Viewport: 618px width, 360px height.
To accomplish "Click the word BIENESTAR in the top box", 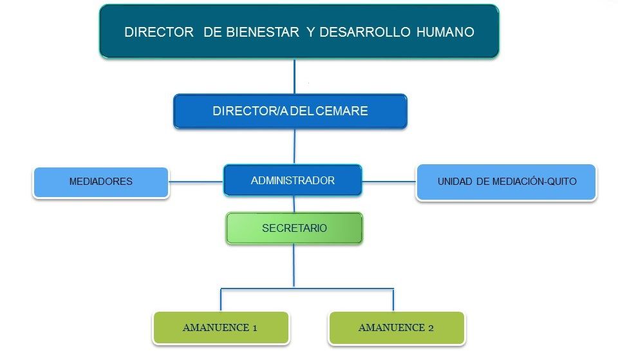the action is (263, 32).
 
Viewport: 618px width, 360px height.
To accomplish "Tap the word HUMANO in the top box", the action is (445, 32).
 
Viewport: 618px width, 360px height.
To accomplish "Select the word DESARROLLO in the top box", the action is (365, 32).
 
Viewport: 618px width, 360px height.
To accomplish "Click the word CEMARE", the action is (342, 111).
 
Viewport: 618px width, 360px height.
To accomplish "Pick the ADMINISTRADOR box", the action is (292, 180).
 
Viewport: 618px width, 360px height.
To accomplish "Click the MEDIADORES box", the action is (101, 182).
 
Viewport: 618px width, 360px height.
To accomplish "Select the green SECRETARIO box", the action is (294, 228).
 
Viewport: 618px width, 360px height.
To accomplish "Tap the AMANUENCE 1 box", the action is (221, 328).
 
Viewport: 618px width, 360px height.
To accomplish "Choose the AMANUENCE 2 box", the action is (397, 328).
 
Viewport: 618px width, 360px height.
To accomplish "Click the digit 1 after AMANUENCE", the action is (255, 328).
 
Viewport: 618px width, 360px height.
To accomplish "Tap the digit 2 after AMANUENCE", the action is (431, 328).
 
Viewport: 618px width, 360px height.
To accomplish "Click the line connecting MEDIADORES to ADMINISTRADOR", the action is (196, 182).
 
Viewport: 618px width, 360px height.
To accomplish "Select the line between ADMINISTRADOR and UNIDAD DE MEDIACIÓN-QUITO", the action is (389, 182).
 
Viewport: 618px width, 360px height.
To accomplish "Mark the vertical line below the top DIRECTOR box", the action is (294, 77).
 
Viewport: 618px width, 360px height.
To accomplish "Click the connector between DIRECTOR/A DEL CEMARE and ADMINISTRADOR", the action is (294, 146).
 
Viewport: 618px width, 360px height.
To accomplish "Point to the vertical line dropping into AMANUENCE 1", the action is (221, 300).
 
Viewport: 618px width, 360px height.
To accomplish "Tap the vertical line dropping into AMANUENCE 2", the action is (393, 300).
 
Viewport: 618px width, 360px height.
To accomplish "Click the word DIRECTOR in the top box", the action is (159, 32).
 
